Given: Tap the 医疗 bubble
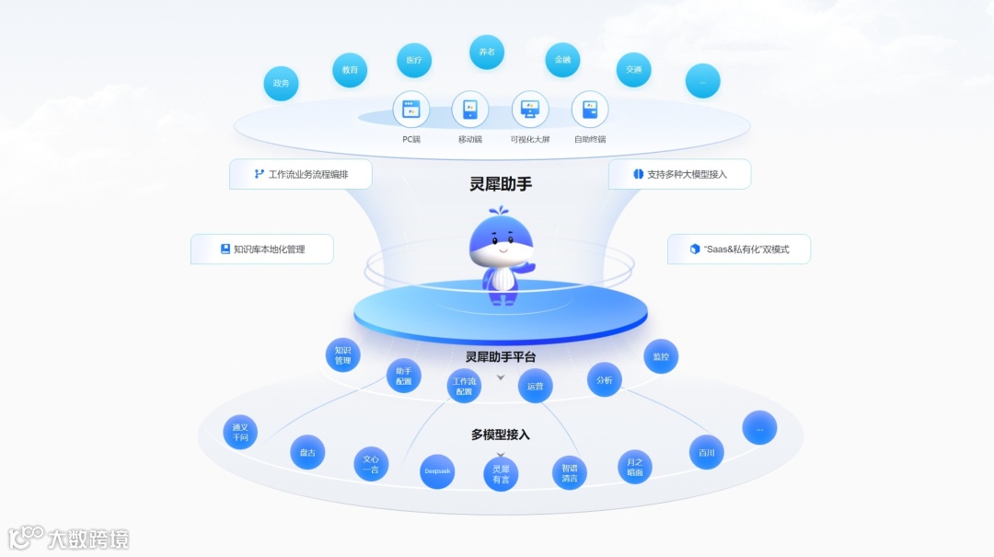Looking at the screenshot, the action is [414, 60].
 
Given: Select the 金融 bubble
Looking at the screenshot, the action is [562, 60].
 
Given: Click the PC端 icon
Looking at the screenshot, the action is [411, 110].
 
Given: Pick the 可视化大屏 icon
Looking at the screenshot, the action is [530, 110].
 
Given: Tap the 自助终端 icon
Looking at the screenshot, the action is [590, 110].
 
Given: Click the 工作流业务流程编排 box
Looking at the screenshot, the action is [301, 174].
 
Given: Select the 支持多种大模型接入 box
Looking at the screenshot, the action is [679, 174].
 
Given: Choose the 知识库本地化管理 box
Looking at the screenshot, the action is [261, 249].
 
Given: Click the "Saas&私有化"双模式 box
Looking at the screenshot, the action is [739, 249].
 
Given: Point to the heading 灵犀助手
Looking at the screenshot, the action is [501, 184].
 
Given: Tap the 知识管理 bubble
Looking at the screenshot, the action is [343, 355].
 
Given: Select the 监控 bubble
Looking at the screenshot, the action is [661, 356].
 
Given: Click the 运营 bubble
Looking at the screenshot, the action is [536, 386].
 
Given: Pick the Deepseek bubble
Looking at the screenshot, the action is [437, 471].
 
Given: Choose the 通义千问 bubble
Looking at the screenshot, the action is [240, 432].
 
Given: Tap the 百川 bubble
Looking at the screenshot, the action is [707, 452].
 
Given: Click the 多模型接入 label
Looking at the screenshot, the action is [501, 435].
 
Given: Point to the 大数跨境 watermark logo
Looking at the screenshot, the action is [69, 538].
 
